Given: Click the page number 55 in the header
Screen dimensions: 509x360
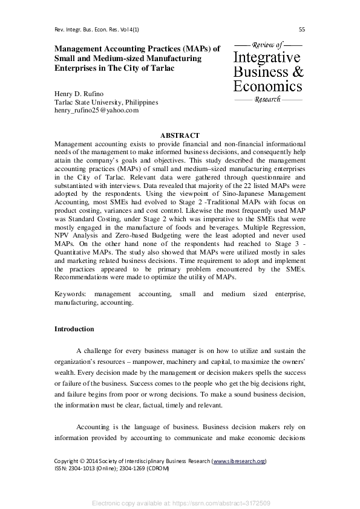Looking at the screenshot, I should [302, 30].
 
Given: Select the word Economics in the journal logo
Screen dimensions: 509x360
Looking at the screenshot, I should [267, 85].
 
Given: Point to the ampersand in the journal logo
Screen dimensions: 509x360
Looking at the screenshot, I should [296, 71].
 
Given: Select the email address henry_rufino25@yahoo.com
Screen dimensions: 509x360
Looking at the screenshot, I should [96, 111].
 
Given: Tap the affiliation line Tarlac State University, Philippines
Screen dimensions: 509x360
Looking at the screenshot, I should [106, 103].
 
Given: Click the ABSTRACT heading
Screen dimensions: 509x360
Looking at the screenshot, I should [180, 134].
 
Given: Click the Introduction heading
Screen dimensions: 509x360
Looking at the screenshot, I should [74, 329].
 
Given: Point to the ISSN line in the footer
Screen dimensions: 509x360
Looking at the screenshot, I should [112, 468].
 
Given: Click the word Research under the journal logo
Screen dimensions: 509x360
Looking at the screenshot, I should [267, 99].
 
